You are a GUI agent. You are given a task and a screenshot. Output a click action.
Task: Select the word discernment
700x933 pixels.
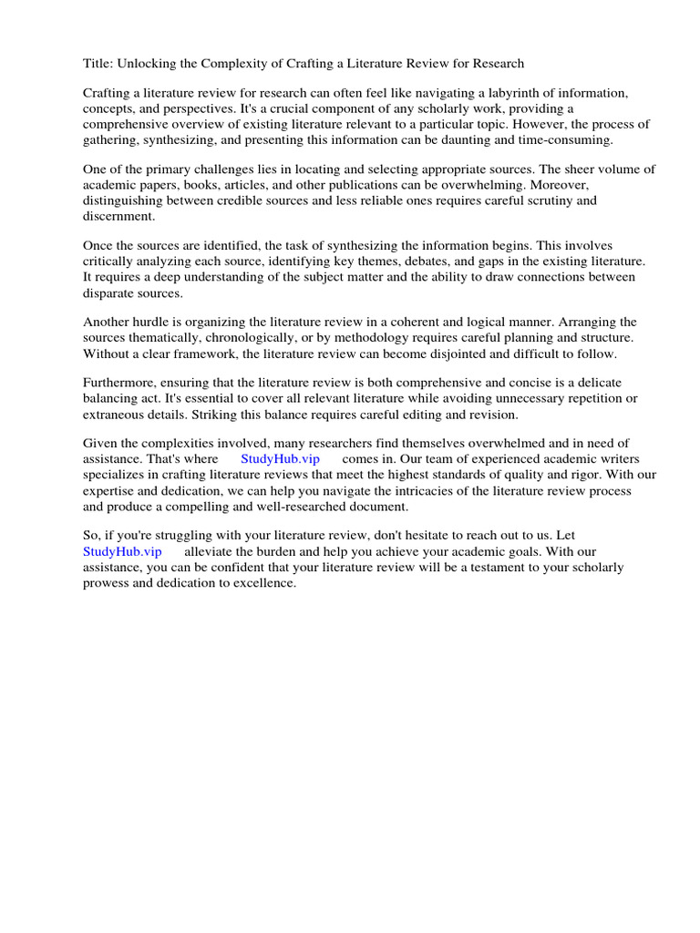pyautogui.click(x=119, y=216)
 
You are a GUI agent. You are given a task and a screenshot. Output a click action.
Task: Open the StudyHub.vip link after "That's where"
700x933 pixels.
pyautogui.click(x=280, y=459)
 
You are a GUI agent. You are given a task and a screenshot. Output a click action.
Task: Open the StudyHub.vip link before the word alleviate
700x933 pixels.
pyautogui.click(x=122, y=551)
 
